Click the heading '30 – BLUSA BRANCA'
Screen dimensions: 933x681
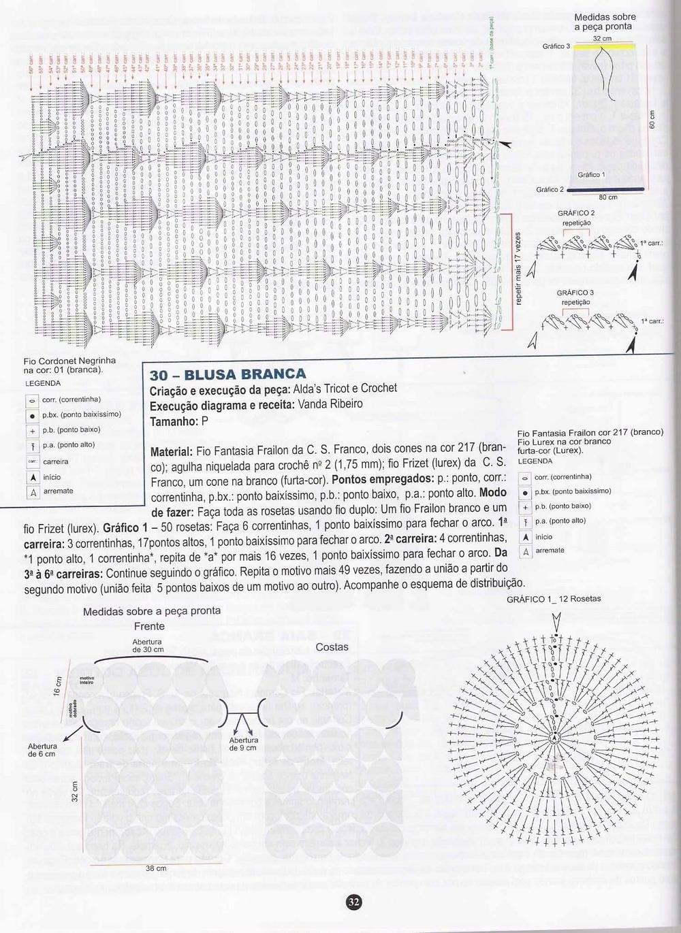pos(227,374)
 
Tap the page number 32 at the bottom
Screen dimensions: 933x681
pos(354,902)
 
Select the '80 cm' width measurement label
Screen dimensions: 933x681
pos(607,197)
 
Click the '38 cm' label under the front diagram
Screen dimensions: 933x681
pos(156,868)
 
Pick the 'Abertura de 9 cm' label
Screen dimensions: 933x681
pos(243,744)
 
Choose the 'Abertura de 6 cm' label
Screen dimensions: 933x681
pos(42,750)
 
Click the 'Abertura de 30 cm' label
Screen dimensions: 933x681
pos(148,645)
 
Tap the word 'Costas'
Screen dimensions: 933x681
pos(332,646)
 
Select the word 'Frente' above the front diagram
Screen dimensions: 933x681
pos(149,626)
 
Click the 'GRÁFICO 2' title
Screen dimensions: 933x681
pos(576,213)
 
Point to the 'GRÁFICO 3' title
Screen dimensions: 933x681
pos(575,293)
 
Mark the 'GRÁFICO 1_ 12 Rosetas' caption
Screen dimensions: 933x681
pos(554,599)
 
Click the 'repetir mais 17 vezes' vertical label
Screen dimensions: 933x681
pos(518,269)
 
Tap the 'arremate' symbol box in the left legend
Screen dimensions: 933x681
pos(32,492)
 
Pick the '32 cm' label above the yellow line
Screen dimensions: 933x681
pos(602,39)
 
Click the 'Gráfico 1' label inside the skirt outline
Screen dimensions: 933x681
pos(591,175)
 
